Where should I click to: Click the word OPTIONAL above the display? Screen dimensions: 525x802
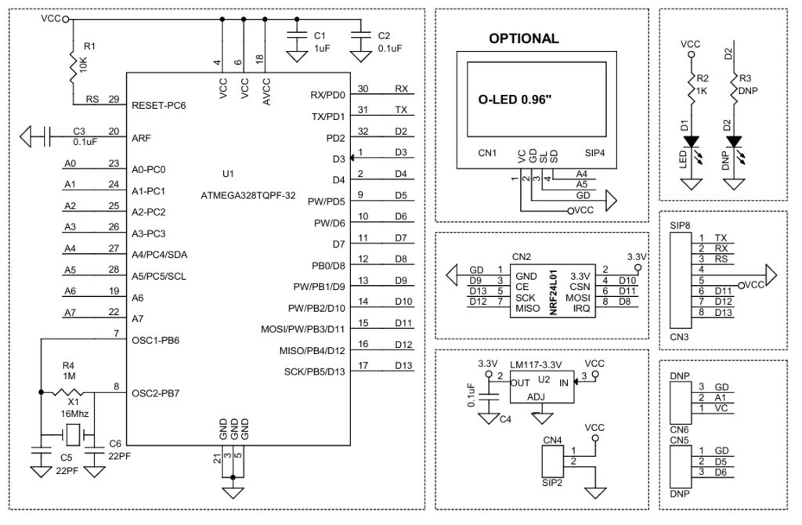(x=523, y=38)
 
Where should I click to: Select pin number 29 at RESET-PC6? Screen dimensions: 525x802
(x=114, y=100)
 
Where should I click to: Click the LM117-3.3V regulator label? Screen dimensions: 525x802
(x=536, y=364)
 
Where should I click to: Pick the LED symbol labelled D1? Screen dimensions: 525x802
(x=690, y=142)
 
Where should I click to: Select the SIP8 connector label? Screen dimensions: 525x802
(x=681, y=225)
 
